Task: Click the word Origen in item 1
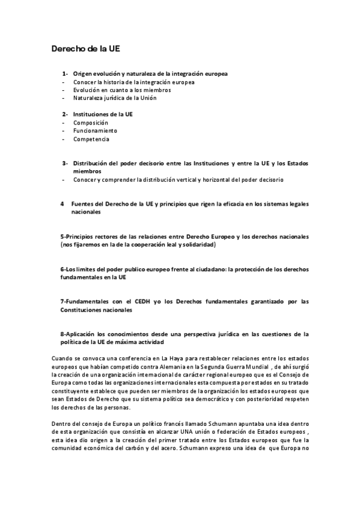pyautogui.click(x=84, y=74)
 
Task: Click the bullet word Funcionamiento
pyautogui.click(x=95, y=131)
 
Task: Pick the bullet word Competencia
pyautogui.click(x=91, y=139)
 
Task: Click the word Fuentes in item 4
pyautogui.click(x=83, y=204)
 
